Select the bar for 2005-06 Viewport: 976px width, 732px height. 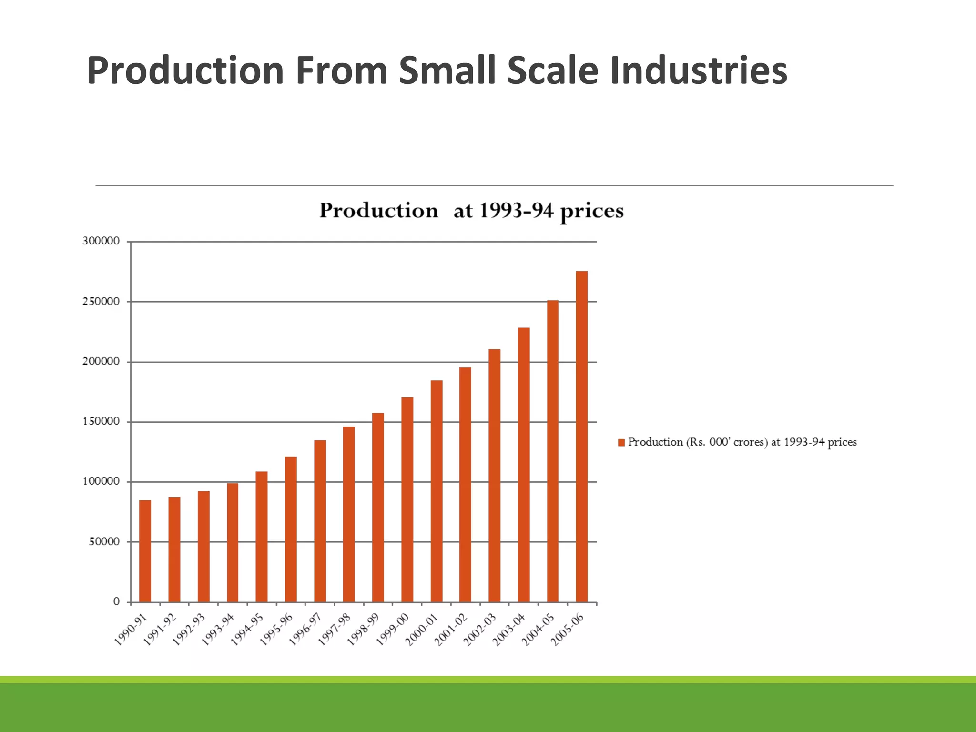pos(581,436)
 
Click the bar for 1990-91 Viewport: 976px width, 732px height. pos(145,551)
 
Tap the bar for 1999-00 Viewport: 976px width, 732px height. pos(407,499)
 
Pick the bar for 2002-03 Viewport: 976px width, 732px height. pos(494,475)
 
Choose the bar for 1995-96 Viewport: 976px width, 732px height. pos(291,529)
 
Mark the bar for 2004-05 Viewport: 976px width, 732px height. pos(552,451)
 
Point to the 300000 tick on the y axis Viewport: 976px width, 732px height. pos(101,241)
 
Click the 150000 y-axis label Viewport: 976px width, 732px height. pos(101,421)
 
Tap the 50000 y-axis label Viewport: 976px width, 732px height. pos(104,542)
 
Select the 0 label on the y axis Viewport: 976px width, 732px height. pos(116,602)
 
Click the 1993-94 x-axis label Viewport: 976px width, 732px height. pos(218,630)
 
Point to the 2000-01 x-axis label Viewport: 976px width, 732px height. pos(422,630)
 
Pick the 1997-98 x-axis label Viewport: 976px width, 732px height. pos(335,630)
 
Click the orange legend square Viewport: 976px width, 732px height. pos(621,443)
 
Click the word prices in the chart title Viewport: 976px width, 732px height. pos(591,211)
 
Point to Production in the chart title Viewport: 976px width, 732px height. pos(378,210)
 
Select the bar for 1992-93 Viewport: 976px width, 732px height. pos(203,546)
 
